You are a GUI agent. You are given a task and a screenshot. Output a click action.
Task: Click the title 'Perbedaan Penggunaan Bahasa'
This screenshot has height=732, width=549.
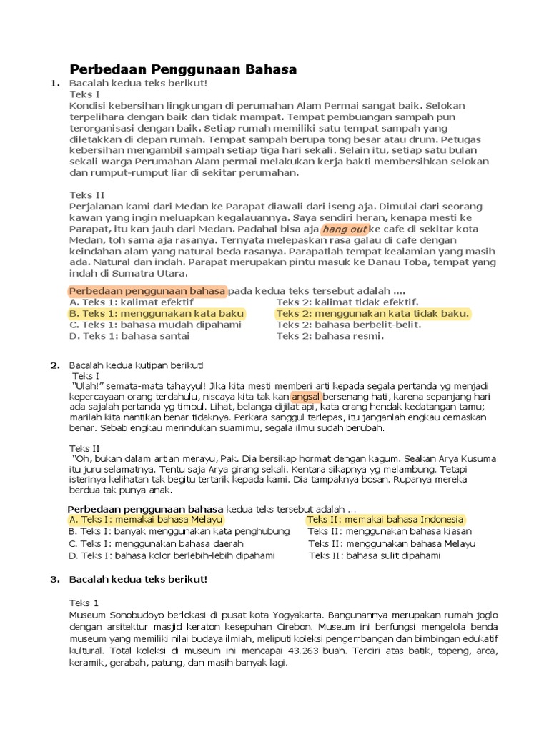click(x=182, y=69)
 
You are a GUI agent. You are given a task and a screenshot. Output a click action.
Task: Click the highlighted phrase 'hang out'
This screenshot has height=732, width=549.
click(x=345, y=229)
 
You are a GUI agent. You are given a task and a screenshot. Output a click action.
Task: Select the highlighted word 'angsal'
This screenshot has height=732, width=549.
click(x=307, y=396)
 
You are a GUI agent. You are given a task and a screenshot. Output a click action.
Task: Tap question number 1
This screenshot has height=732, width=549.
click(x=54, y=84)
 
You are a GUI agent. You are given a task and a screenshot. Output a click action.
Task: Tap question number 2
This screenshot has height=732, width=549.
click(x=54, y=365)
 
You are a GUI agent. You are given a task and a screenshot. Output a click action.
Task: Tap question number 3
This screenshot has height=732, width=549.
click(x=54, y=579)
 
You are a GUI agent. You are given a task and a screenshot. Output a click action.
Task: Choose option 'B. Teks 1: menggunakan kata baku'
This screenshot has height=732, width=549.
click(x=157, y=313)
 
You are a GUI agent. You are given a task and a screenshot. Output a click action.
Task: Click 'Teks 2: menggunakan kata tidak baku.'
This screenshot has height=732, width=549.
click(x=373, y=313)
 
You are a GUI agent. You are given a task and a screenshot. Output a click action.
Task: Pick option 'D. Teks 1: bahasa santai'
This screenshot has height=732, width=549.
click(x=129, y=336)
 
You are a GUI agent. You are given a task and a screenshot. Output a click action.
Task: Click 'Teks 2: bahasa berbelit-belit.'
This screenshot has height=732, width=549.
click(x=349, y=325)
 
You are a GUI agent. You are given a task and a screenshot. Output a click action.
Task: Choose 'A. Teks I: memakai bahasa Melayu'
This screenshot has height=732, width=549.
click(x=146, y=519)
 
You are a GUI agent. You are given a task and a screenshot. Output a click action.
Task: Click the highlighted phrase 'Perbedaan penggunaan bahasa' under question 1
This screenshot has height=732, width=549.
click(x=147, y=291)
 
